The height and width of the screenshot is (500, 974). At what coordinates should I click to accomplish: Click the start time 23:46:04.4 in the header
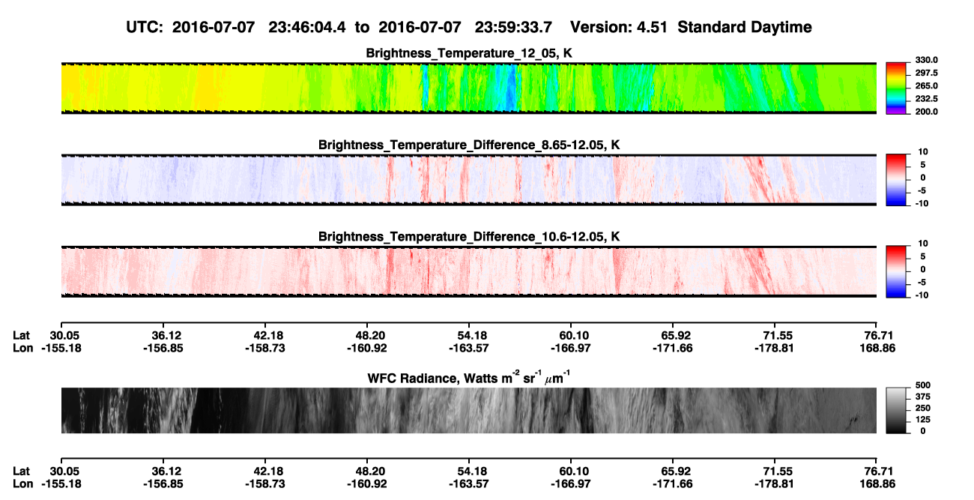(306, 28)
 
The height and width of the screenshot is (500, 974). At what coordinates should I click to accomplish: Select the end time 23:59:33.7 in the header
(513, 28)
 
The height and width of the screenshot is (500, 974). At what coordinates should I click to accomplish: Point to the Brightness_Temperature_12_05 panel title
(469, 53)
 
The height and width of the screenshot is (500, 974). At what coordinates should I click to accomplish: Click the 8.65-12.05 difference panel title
(469, 145)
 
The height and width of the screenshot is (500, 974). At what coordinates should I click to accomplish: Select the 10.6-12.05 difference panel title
(469, 237)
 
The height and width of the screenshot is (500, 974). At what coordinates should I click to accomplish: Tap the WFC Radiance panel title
(469, 378)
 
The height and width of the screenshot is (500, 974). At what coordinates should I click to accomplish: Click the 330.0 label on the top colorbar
(926, 60)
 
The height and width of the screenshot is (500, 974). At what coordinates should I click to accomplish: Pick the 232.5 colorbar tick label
(926, 99)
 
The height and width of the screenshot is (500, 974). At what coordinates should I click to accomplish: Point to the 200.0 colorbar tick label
(926, 112)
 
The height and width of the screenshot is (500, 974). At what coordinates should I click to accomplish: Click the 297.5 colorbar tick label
(926, 73)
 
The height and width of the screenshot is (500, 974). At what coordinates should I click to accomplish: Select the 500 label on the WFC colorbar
(923, 385)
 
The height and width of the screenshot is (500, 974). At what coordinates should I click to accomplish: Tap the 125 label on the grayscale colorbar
(923, 420)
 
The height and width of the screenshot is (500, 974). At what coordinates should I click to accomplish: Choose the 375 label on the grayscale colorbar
(923, 397)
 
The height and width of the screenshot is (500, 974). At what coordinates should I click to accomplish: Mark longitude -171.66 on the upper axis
(672, 348)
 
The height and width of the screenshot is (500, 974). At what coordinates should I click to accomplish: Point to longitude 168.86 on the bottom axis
(877, 484)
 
